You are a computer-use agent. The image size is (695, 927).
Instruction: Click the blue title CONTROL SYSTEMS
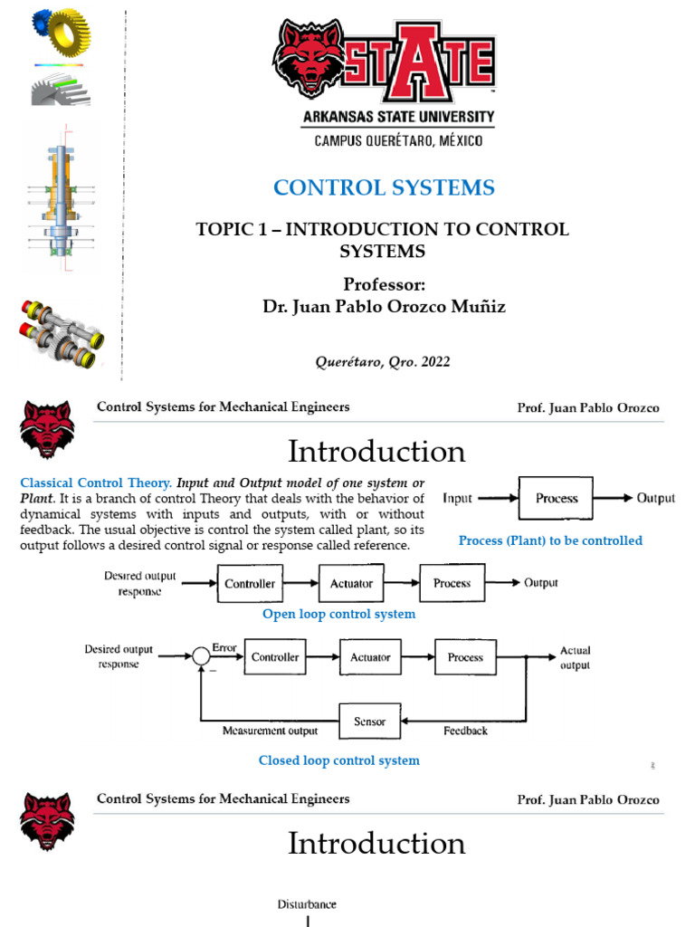[x=384, y=188]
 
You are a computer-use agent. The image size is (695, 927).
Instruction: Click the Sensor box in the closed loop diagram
[x=369, y=722]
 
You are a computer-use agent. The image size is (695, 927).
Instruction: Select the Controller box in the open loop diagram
[x=251, y=584]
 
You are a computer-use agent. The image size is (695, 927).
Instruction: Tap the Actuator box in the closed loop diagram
[x=370, y=658]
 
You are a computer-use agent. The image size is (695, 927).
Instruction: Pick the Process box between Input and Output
[x=556, y=498]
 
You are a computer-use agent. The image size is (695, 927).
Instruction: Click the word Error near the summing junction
[x=224, y=648]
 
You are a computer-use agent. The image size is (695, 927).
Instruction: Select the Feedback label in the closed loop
[x=466, y=731]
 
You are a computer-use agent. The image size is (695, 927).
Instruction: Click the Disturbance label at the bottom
[x=306, y=904]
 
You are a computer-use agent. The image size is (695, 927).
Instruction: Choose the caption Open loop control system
[x=338, y=615]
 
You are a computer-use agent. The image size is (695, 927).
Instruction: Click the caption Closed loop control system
[x=338, y=760]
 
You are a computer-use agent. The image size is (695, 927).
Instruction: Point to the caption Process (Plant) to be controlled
[x=550, y=540]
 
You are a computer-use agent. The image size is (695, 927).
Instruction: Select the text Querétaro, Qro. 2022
[x=382, y=362]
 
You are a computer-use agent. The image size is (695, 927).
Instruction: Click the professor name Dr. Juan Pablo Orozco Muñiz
[x=384, y=307]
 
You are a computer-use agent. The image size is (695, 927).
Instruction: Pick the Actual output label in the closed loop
[x=575, y=658]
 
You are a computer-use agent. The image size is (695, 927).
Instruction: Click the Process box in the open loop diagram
[x=452, y=584]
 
